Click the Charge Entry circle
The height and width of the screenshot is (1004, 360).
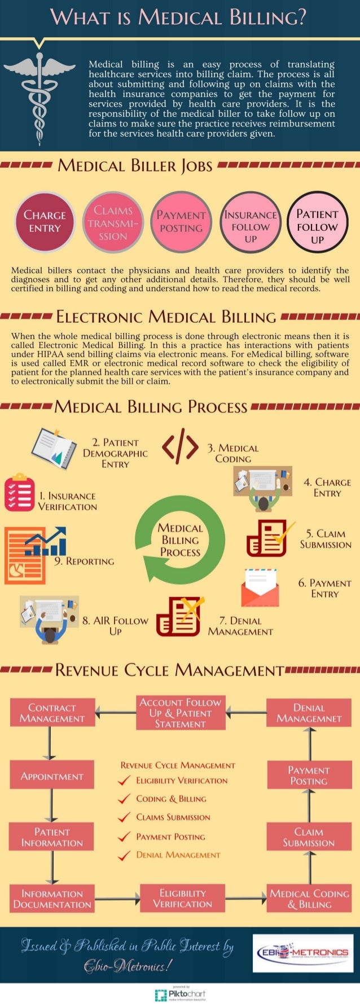45,222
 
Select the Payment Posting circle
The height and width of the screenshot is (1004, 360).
181,222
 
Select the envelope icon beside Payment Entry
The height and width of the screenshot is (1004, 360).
260,588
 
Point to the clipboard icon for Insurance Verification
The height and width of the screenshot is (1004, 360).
19,493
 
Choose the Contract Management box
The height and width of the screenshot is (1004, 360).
52,713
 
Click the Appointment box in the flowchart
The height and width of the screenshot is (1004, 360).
52,776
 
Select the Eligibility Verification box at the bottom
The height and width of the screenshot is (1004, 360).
182,898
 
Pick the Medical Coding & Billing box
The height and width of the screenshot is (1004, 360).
309,898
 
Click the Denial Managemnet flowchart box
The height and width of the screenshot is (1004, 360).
309,713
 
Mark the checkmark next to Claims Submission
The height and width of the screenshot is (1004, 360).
124,818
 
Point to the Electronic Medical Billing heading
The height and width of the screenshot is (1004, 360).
166,317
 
